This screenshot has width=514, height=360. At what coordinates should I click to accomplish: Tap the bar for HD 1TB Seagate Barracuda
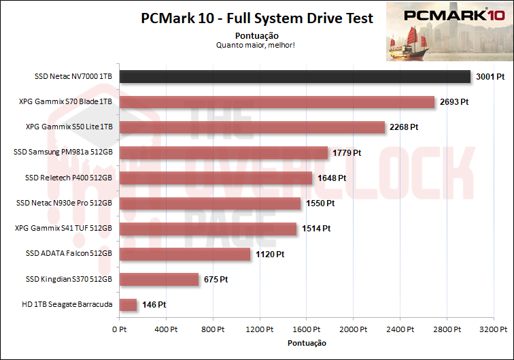pos(128,305)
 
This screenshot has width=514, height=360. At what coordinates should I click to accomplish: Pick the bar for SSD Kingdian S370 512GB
pos(159,279)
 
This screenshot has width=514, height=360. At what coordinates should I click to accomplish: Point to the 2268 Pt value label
pos(404,127)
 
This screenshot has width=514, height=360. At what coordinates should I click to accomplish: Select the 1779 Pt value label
pos(347,152)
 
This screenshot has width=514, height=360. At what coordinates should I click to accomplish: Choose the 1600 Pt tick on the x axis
pos(307,329)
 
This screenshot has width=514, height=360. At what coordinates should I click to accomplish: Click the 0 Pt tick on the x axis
pos(119,329)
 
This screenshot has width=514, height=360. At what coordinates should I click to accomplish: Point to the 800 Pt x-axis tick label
pos(213,329)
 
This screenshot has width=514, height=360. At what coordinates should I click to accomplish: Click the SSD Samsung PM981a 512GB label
pos(63,152)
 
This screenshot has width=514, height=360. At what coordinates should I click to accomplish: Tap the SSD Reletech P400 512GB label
pos(68,178)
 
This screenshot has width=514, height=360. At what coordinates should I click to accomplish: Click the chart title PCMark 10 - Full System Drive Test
pos(257,18)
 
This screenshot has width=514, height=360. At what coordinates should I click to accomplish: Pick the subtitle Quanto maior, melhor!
pos(257,46)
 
